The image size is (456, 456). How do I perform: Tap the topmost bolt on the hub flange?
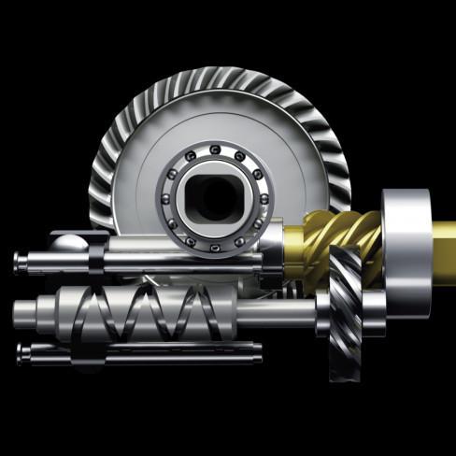point(217,150)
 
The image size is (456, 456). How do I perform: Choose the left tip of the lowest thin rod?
point(21,350)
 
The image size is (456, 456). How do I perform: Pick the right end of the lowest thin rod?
point(256,352)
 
